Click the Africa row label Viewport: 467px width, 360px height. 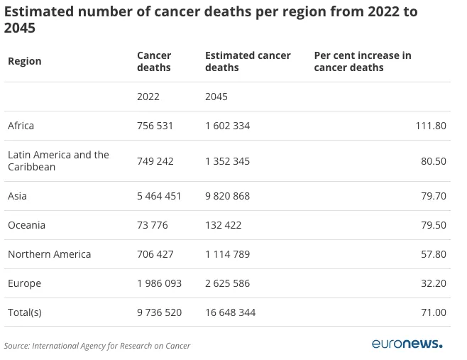21,126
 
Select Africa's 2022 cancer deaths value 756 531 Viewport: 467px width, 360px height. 155,126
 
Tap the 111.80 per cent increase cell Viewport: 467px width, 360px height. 431,126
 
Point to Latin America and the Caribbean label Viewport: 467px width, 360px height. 58,161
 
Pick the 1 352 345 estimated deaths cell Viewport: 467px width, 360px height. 228,161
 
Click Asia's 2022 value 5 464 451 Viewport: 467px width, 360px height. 159,196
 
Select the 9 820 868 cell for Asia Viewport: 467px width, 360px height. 228,196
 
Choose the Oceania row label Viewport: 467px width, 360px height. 26,225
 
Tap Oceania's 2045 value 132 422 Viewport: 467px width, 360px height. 224,225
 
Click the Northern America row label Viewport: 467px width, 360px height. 50,254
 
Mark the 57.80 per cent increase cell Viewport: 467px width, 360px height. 434,254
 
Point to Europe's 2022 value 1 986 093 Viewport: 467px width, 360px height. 160,283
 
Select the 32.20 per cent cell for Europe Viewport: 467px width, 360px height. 434,283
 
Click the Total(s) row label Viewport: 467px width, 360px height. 25,312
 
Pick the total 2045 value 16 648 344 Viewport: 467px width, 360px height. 231,312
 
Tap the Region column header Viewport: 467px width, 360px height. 25,61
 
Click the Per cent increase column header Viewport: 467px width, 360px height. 363,61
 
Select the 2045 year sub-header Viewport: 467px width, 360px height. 216,97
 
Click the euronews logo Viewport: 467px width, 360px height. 407,344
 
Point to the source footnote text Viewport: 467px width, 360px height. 97,346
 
